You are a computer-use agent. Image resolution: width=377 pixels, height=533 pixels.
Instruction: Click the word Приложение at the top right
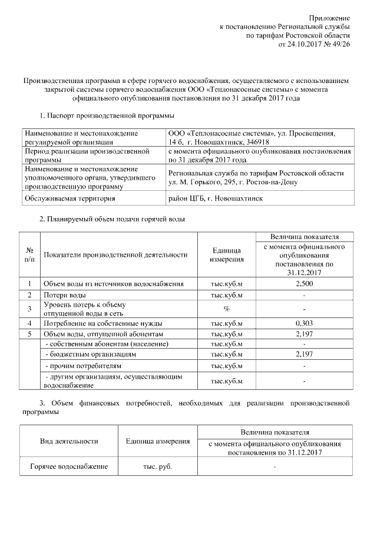330,18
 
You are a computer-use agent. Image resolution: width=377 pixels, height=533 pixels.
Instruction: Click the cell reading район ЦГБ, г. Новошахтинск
216,198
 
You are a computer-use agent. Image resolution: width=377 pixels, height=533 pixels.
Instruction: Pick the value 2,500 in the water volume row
304,284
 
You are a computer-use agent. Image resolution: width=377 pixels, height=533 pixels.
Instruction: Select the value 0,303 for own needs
304,323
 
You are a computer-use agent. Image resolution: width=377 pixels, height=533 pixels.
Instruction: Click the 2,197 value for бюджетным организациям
304,355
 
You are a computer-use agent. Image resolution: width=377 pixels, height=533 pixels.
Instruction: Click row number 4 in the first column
29,323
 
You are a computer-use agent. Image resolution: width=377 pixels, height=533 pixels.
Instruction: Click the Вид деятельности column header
69,441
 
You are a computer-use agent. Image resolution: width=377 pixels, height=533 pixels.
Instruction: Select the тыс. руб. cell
157,467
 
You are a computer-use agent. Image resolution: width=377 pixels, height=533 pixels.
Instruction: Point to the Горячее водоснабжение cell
69,467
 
